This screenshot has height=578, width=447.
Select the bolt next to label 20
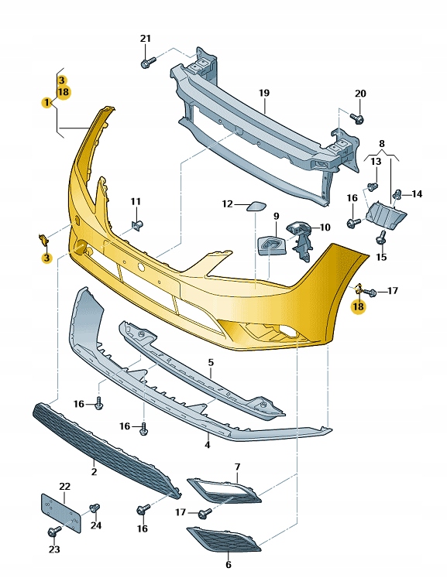pyautogui.click(x=357, y=118)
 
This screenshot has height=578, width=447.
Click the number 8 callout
pyautogui.click(x=381, y=145)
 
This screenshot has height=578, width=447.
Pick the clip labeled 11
pyautogui.click(x=138, y=225)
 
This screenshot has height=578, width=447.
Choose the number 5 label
pyautogui.click(x=210, y=362)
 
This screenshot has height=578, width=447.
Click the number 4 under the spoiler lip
pyautogui.click(x=207, y=445)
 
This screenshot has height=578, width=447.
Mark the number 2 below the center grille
pyautogui.click(x=94, y=471)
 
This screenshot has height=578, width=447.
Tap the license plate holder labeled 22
pyautogui.click(x=60, y=511)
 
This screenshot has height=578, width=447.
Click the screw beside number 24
pyautogui.click(x=95, y=508)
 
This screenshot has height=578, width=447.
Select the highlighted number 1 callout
pyautogui.click(x=46, y=102)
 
